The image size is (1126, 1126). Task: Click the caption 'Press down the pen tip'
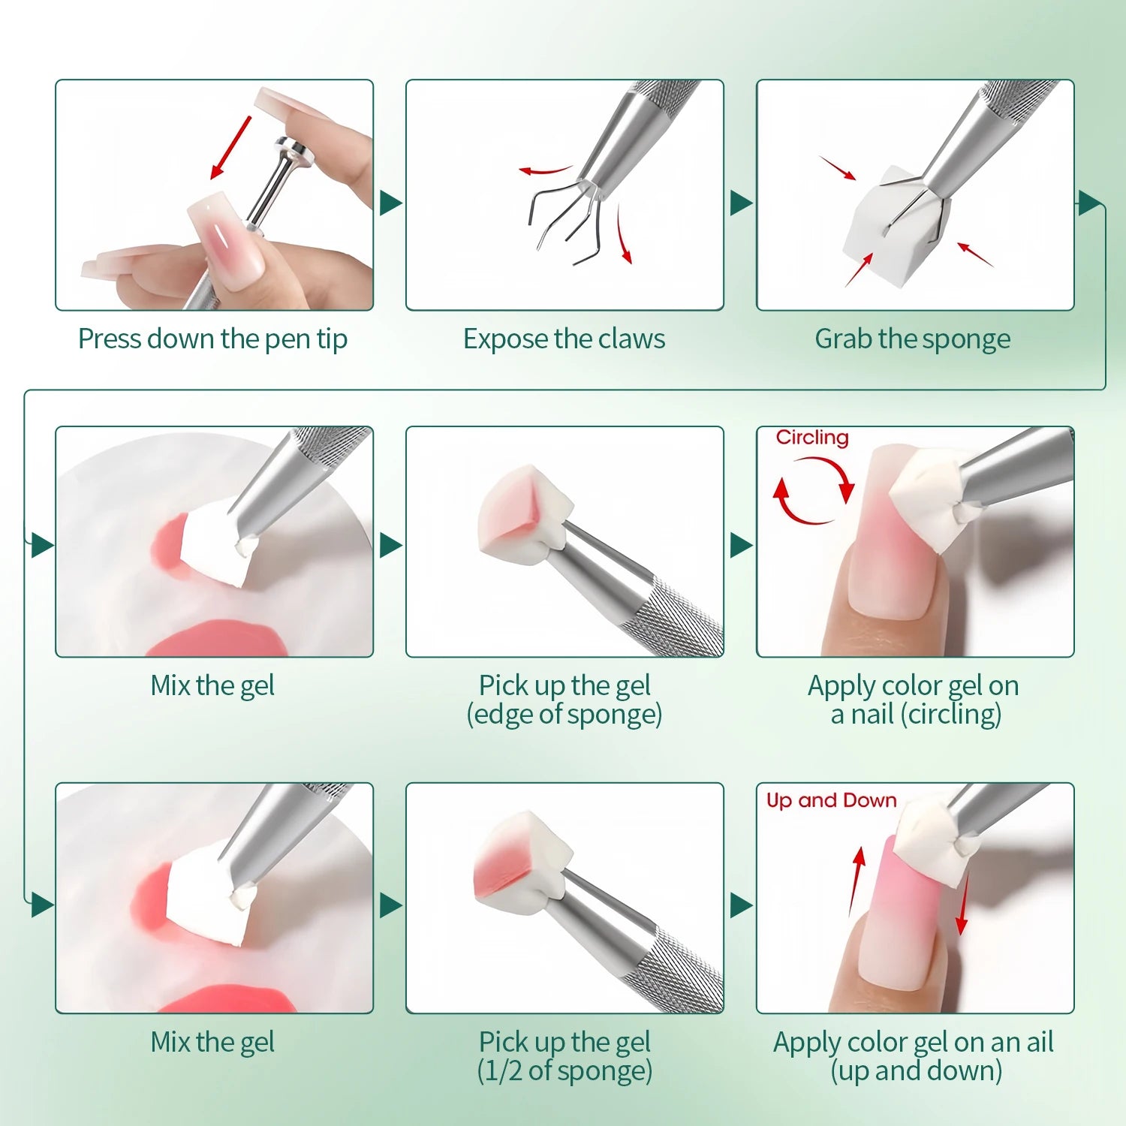tap(212, 339)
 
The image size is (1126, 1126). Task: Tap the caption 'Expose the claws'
tap(564, 339)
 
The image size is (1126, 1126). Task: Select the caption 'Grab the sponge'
tap(913, 339)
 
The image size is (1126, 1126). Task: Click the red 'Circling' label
tap(812, 438)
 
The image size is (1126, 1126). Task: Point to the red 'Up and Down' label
tap(831, 800)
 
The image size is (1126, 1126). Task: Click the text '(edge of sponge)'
tap(564, 714)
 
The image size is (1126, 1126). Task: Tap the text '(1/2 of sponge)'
tap(565, 1070)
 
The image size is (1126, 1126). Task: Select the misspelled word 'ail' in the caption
tap(1040, 1042)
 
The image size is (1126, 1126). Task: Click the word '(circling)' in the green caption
tap(953, 714)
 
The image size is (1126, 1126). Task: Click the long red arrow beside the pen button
tap(230, 147)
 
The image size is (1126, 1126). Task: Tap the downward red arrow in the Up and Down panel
tap(963, 905)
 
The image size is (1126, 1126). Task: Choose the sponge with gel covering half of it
tap(518, 863)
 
